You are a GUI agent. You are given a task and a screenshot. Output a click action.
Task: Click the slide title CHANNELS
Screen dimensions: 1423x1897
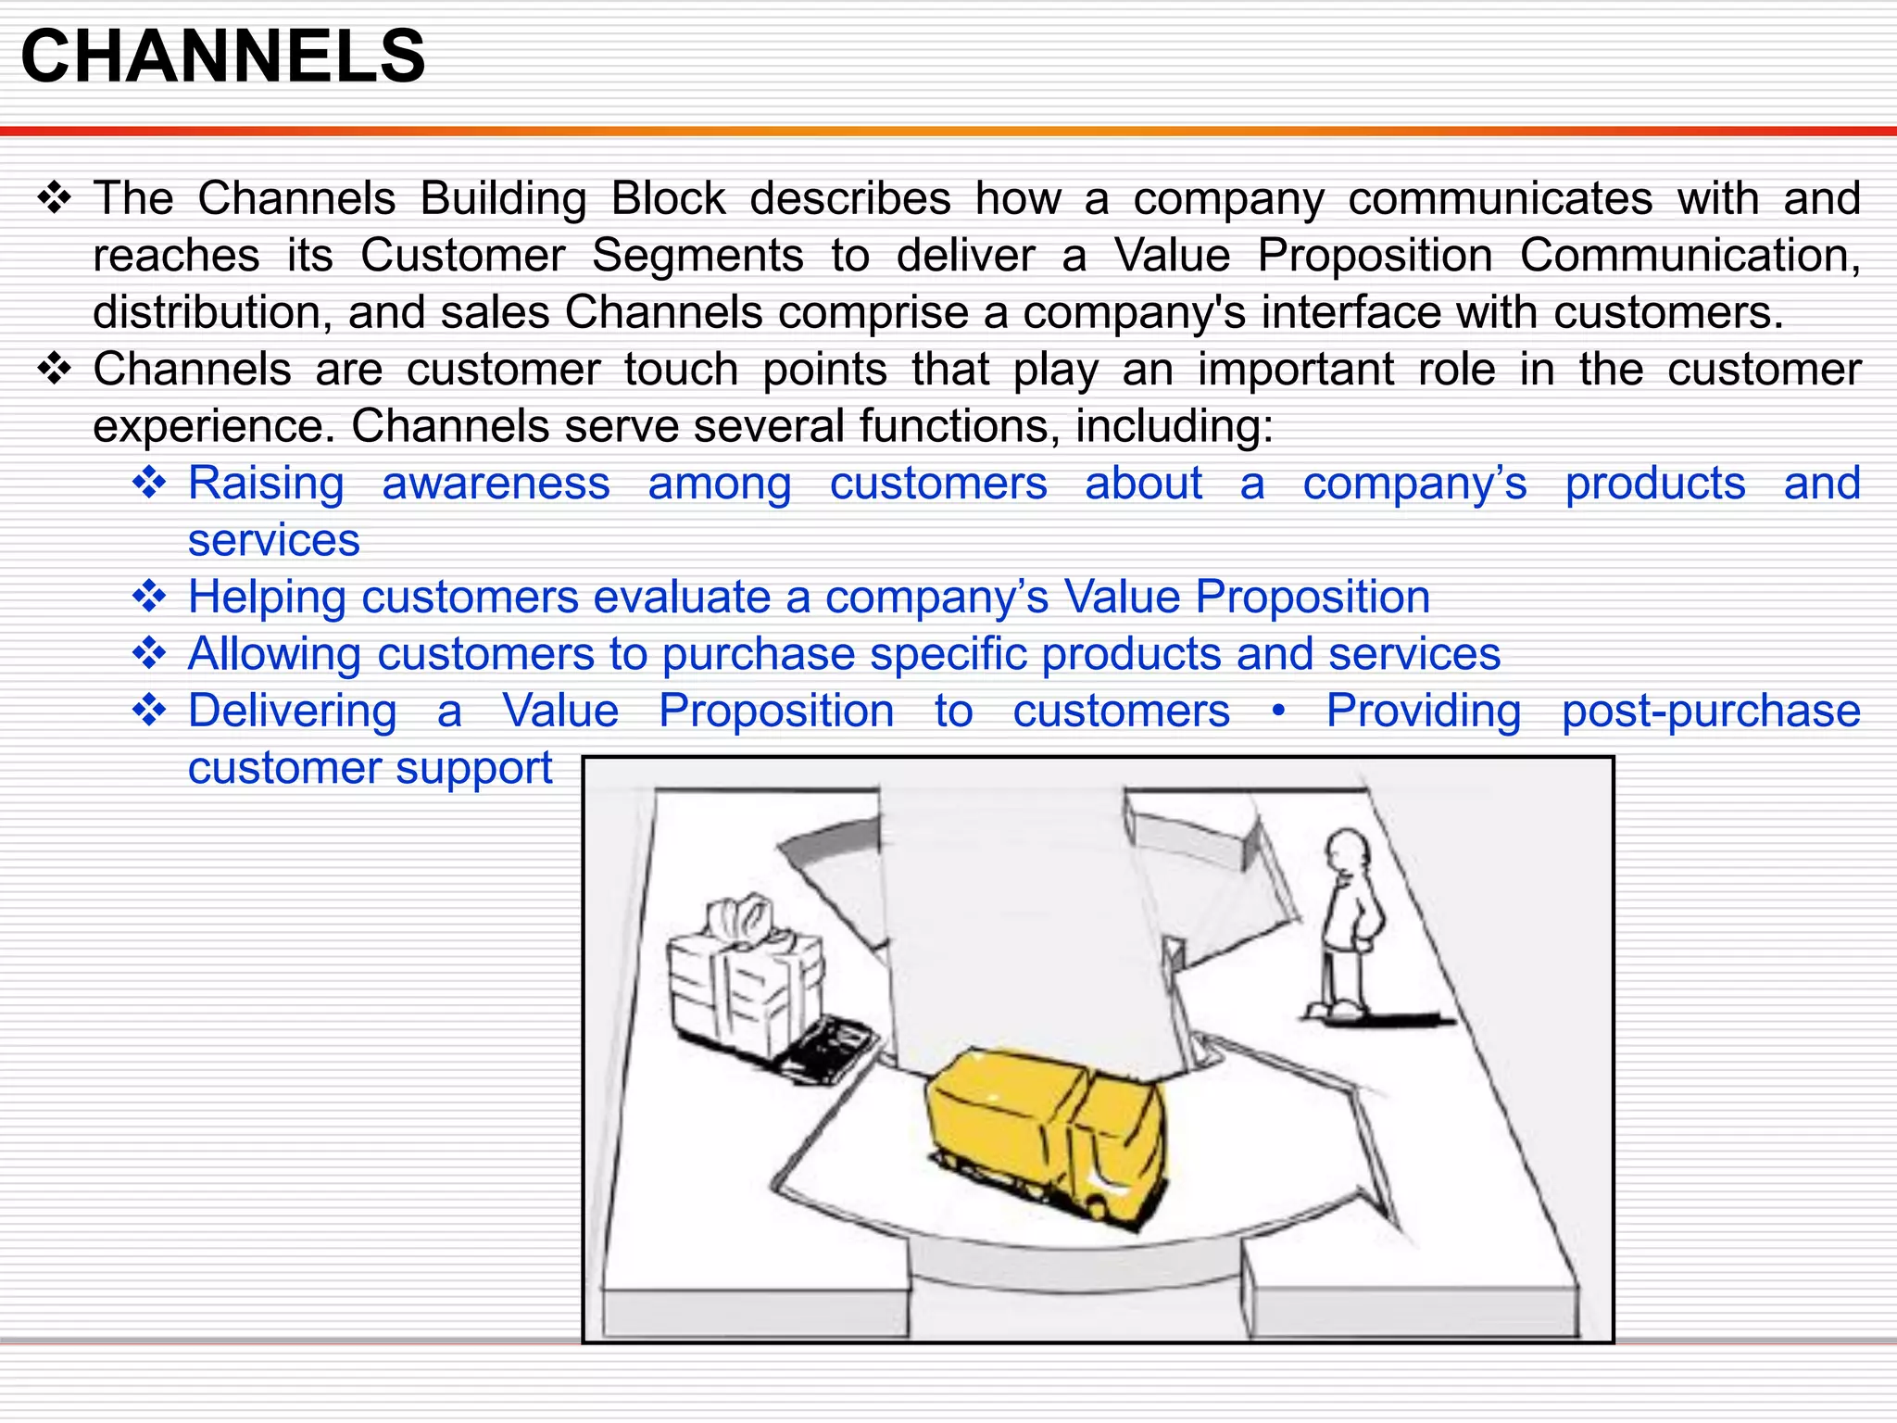(222, 57)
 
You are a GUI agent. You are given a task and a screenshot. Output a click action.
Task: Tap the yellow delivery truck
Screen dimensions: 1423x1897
(1047, 1130)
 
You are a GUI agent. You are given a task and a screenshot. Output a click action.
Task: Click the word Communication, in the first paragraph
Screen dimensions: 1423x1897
(1690, 256)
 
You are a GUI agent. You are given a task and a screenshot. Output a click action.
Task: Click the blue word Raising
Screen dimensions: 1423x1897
(266, 484)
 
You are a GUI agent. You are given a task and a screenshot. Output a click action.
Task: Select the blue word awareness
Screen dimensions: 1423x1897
(496, 484)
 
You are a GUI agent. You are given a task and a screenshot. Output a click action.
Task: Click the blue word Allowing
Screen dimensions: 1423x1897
(274, 654)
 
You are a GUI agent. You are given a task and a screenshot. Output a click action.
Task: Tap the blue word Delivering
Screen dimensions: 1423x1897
(292, 711)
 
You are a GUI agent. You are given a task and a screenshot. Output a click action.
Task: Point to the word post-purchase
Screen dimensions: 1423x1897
(1711, 711)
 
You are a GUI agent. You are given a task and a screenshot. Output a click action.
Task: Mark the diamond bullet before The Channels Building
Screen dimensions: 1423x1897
(55, 198)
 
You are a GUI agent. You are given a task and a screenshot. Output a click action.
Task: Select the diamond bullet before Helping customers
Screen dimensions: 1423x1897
(149, 596)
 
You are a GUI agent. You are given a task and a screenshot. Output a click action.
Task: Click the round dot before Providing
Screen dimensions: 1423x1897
(1278, 711)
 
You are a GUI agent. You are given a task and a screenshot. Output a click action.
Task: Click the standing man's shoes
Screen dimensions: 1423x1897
(1334, 1010)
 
